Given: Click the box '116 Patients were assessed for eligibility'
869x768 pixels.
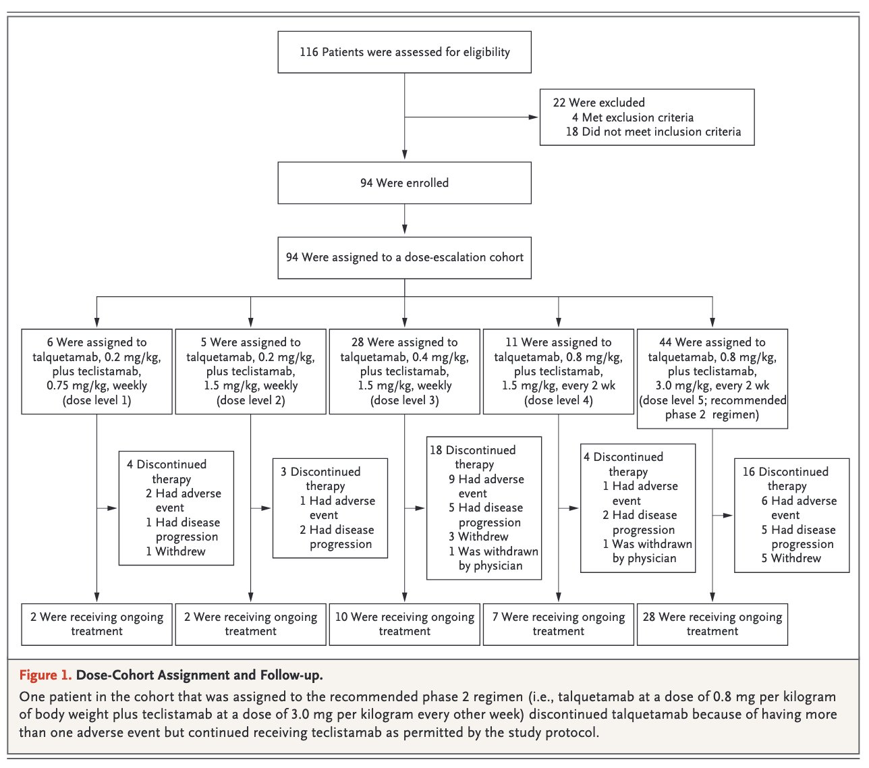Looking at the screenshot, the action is point(404,52).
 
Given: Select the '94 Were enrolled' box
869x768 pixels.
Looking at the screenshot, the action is point(404,183).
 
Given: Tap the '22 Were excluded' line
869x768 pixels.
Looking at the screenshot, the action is point(598,103).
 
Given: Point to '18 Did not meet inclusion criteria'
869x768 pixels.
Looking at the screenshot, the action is point(653,132).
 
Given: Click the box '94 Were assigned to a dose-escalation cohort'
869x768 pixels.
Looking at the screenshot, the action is point(404,258).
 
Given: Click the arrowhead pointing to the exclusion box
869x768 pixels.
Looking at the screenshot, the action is point(533,117).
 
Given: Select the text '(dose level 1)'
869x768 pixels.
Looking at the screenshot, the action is point(97,400).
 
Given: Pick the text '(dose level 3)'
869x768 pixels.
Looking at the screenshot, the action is point(404,400).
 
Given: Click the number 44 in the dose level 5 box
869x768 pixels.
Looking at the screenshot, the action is point(665,342).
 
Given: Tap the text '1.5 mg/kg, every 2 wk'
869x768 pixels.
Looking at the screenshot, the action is point(559,386).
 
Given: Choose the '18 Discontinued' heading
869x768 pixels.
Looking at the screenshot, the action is point(473,450).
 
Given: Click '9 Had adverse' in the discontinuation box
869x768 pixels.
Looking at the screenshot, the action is point(486,479).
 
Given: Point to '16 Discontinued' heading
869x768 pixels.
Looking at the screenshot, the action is point(785,472).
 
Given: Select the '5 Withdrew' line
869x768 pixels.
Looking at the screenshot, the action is point(791,558).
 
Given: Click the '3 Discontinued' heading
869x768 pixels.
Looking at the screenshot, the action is point(320,472).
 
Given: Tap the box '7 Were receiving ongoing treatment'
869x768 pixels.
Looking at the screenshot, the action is point(559,624).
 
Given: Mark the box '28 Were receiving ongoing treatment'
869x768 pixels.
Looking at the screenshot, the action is point(712,624).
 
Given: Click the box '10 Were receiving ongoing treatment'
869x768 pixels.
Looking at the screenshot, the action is point(404,624).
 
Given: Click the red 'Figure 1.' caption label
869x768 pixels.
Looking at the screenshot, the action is point(45,676).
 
